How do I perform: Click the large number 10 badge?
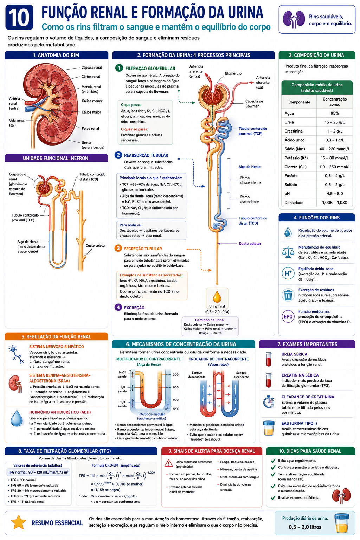click(x=19, y=17)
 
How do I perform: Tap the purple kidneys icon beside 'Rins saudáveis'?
click(x=294, y=19)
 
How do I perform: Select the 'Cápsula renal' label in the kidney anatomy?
click(x=91, y=67)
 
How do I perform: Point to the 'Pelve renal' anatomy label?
click(x=90, y=128)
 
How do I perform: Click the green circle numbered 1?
click(x=119, y=68)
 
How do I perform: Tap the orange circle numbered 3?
click(x=118, y=248)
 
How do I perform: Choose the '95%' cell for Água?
click(x=335, y=113)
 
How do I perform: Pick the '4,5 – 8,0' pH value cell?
click(x=335, y=194)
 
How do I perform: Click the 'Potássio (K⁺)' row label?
click(x=296, y=158)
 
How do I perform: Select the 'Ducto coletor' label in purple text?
click(x=250, y=244)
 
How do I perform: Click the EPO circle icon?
click(x=288, y=316)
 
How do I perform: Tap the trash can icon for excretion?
click(x=288, y=295)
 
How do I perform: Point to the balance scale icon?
click(x=288, y=252)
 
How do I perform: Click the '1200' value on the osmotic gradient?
click(x=176, y=409)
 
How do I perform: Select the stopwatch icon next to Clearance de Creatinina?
click(x=269, y=402)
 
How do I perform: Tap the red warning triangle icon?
click(x=168, y=463)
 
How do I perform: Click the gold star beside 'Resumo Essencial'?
click(x=19, y=522)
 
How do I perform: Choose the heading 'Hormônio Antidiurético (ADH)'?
click(x=60, y=412)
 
